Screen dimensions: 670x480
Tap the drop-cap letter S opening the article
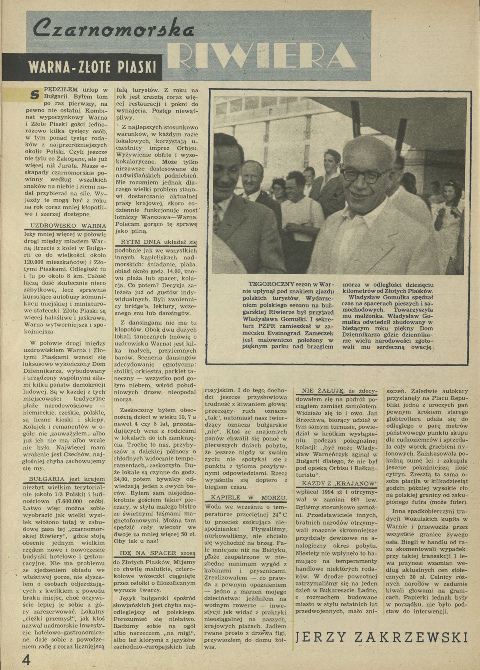[35, 94]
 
